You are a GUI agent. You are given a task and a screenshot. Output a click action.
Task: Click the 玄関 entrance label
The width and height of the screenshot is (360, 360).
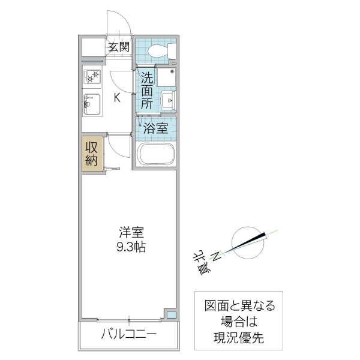click(x=119, y=47)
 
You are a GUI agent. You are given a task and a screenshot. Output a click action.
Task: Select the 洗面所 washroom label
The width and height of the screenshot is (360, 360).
click(x=148, y=90)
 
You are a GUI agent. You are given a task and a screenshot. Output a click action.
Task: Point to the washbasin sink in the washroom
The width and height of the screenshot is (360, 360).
click(x=169, y=100)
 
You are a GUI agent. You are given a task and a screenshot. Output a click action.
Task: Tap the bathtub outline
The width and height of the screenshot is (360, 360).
click(x=156, y=155)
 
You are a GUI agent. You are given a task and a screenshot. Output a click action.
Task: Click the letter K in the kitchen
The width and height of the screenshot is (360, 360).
click(x=118, y=98)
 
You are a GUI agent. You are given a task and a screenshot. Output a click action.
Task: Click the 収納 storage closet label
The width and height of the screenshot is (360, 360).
click(x=92, y=154)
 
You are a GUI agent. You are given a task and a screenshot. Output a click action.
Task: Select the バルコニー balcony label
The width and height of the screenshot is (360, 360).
click(x=128, y=334)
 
